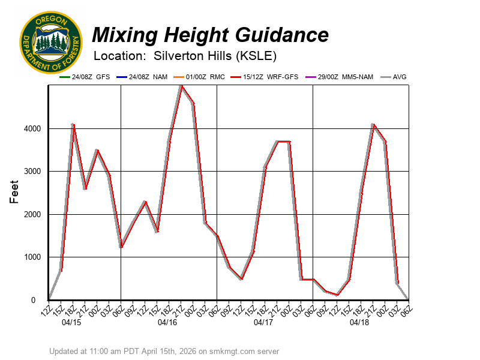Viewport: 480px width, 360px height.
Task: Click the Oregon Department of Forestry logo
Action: tap(50, 42)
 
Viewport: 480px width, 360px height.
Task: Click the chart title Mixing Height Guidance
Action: tap(210, 35)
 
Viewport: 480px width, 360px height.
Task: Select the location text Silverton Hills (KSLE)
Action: tap(215, 56)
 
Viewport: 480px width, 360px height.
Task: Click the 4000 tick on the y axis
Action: tap(32, 128)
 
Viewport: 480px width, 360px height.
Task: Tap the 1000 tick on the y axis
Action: tap(32, 257)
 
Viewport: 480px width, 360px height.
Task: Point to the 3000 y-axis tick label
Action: tap(32, 172)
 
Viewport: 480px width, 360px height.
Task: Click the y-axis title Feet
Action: tap(16, 193)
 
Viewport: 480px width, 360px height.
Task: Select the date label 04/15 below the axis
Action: tap(71, 322)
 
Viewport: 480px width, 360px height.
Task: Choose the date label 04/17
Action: tap(263, 322)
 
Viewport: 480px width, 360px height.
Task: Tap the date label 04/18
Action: tap(359, 322)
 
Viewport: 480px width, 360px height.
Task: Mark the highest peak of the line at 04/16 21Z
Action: tap(181, 86)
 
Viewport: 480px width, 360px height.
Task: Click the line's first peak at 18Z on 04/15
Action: tap(73, 124)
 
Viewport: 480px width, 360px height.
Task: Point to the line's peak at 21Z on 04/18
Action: tap(373, 124)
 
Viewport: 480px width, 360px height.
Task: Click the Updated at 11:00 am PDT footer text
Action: tap(164, 351)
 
